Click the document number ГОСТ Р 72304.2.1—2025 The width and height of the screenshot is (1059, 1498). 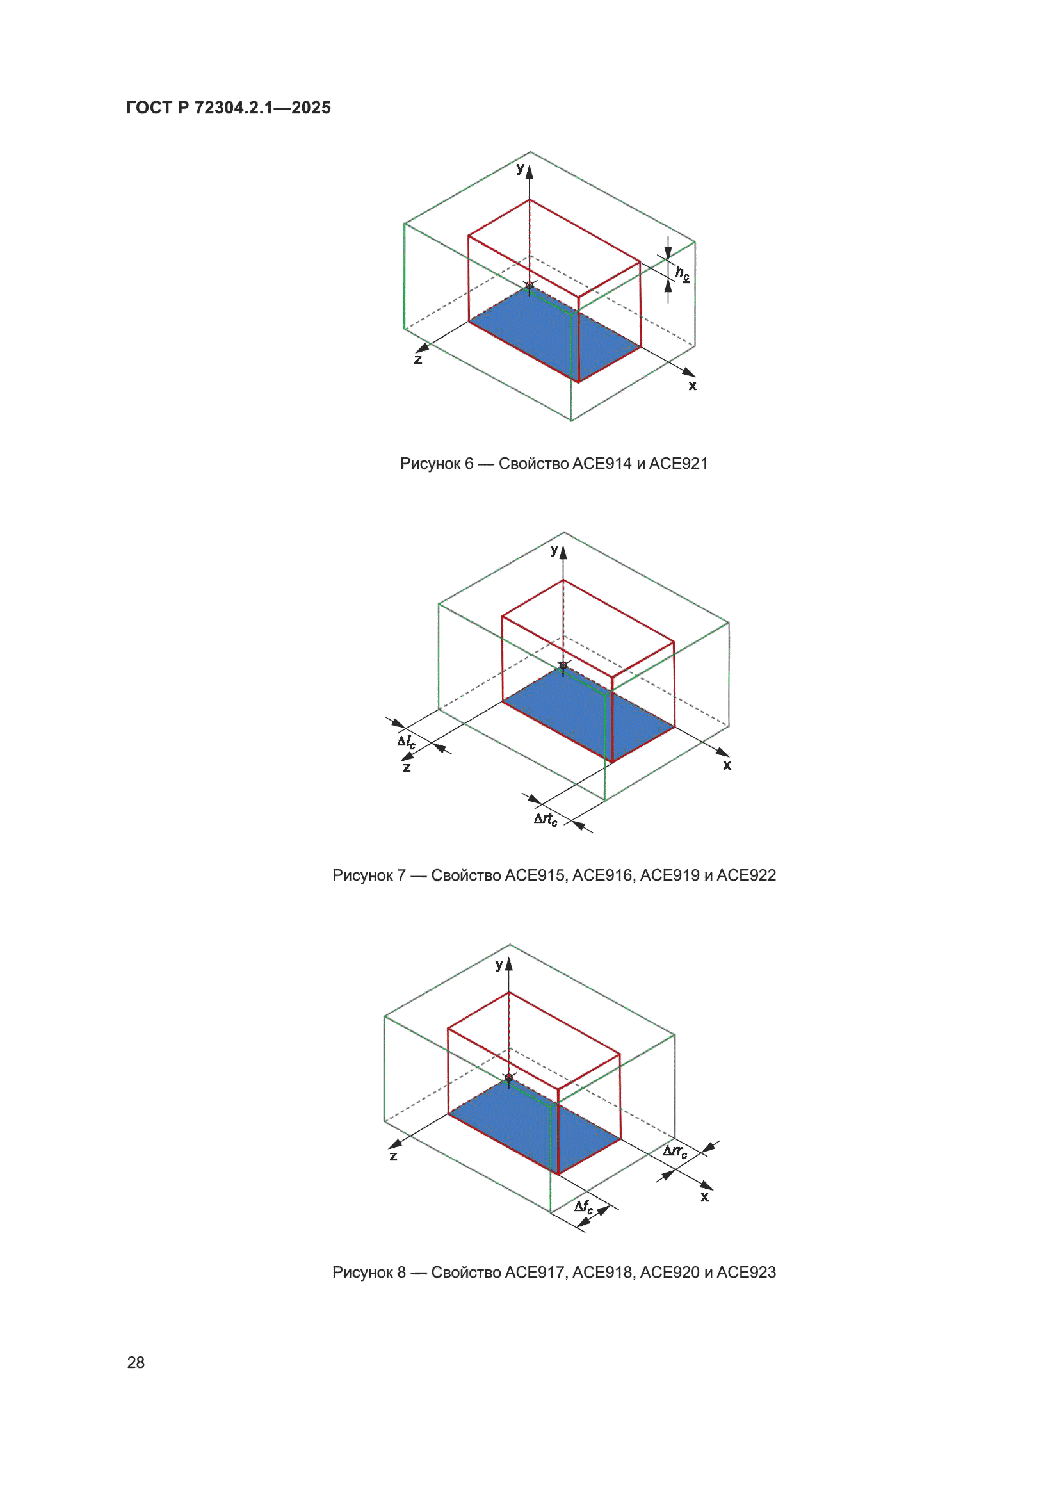pyautogui.click(x=228, y=108)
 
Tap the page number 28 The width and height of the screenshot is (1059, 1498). pyautogui.click(x=136, y=1362)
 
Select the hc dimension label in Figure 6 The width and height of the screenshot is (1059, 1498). pyautogui.click(x=682, y=273)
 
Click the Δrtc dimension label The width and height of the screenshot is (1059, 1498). pyautogui.click(x=546, y=819)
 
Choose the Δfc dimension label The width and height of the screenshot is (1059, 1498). pyautogui.click(x=584, y=1207)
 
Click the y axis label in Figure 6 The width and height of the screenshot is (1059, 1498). pyautogui.click(x=520, y=168)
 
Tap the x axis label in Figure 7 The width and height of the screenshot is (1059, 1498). pyautogui.click(x=727, y=765)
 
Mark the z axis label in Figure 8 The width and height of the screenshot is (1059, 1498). pyautogui.click(x=393, y=1157)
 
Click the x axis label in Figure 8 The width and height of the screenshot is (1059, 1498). pyautogui.click(x=704, y=1197)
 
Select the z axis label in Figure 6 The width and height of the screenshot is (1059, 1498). pyautogui.click(x=418, y=359)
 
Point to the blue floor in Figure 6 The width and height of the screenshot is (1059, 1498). pyautogui.click(x=554, y=334)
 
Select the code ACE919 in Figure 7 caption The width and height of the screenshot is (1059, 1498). pyautogui.click(x=670, y=875)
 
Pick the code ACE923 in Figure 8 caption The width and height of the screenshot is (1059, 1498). pyautogui.click(x=746, y=1273)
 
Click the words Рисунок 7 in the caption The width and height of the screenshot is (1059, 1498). pyautogui.click(x=369, y=875)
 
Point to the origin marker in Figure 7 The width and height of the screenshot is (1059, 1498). pyautogui.click(x=563, y=665)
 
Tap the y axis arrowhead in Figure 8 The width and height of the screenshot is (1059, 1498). pyautogui.click(x=509, y=964)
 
